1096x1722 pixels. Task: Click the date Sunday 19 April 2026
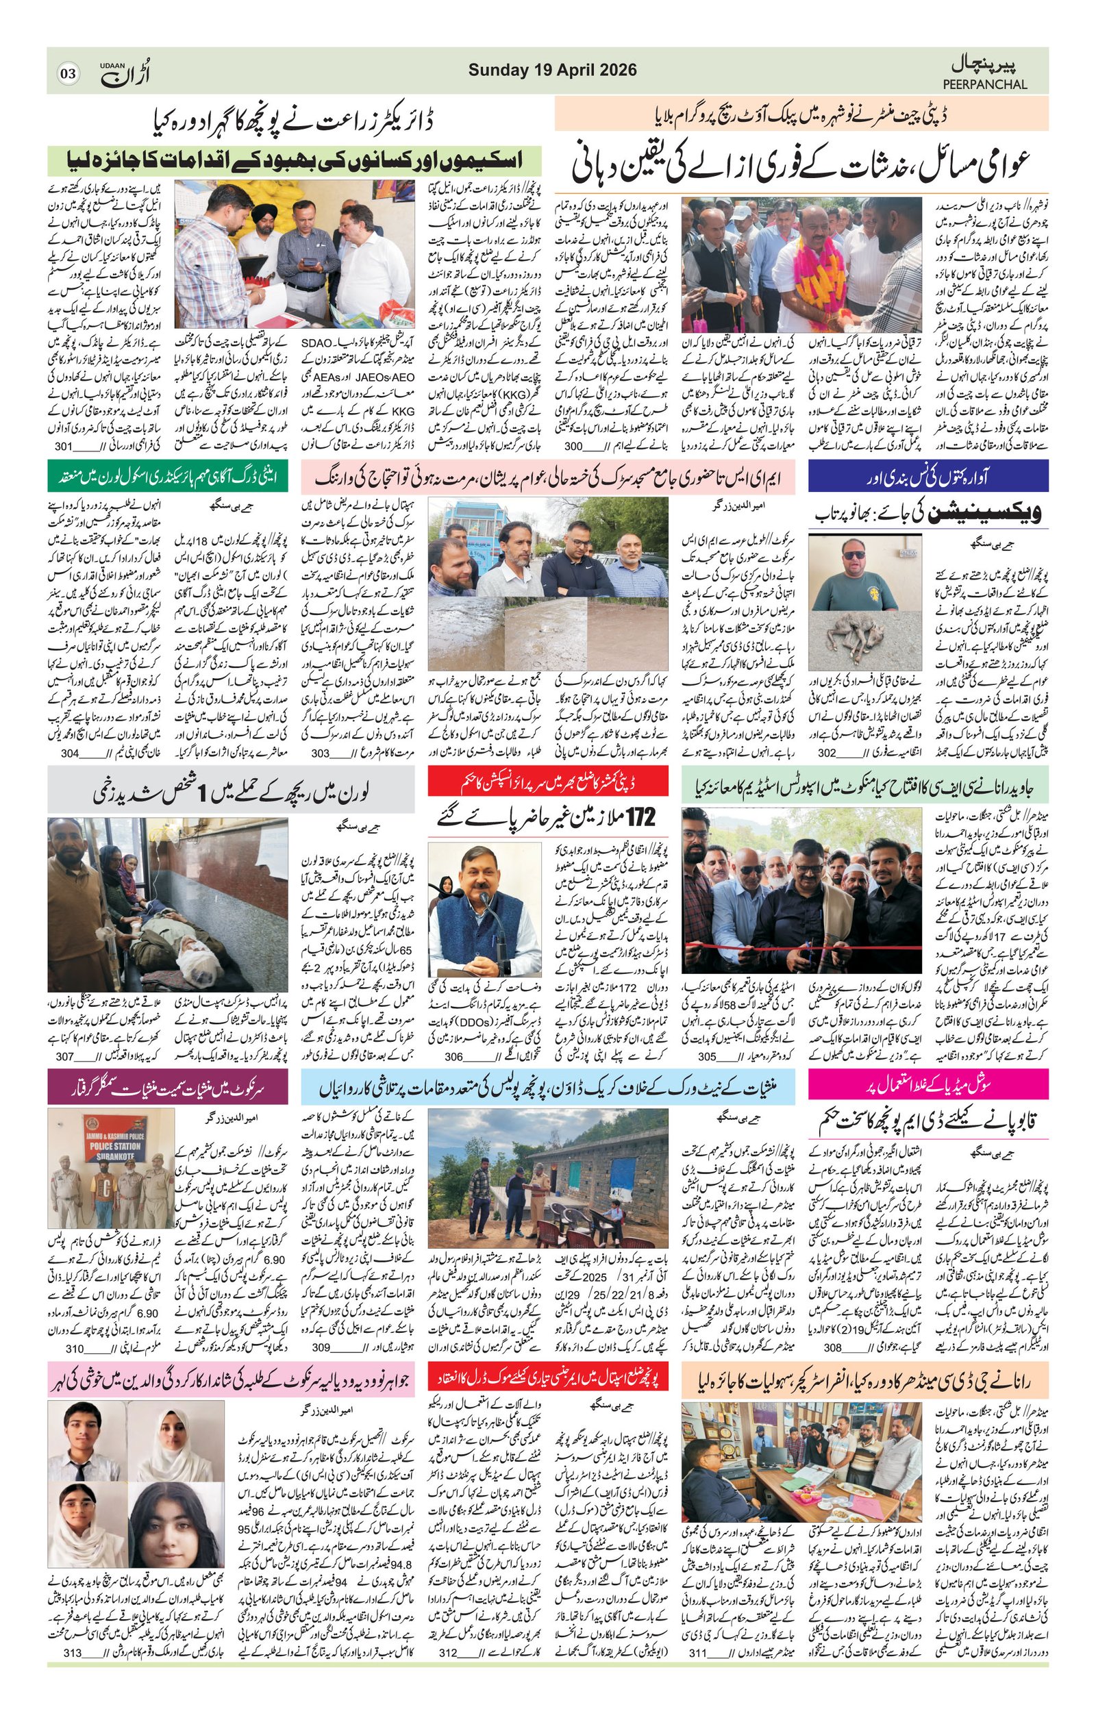click(552, 70)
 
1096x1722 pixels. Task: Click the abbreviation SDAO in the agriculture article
click(317, 343)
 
